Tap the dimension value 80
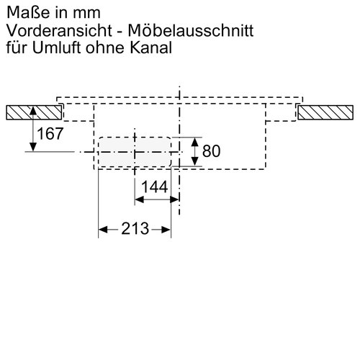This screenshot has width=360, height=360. coord(210,152)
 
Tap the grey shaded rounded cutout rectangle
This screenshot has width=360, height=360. coord(135,152)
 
